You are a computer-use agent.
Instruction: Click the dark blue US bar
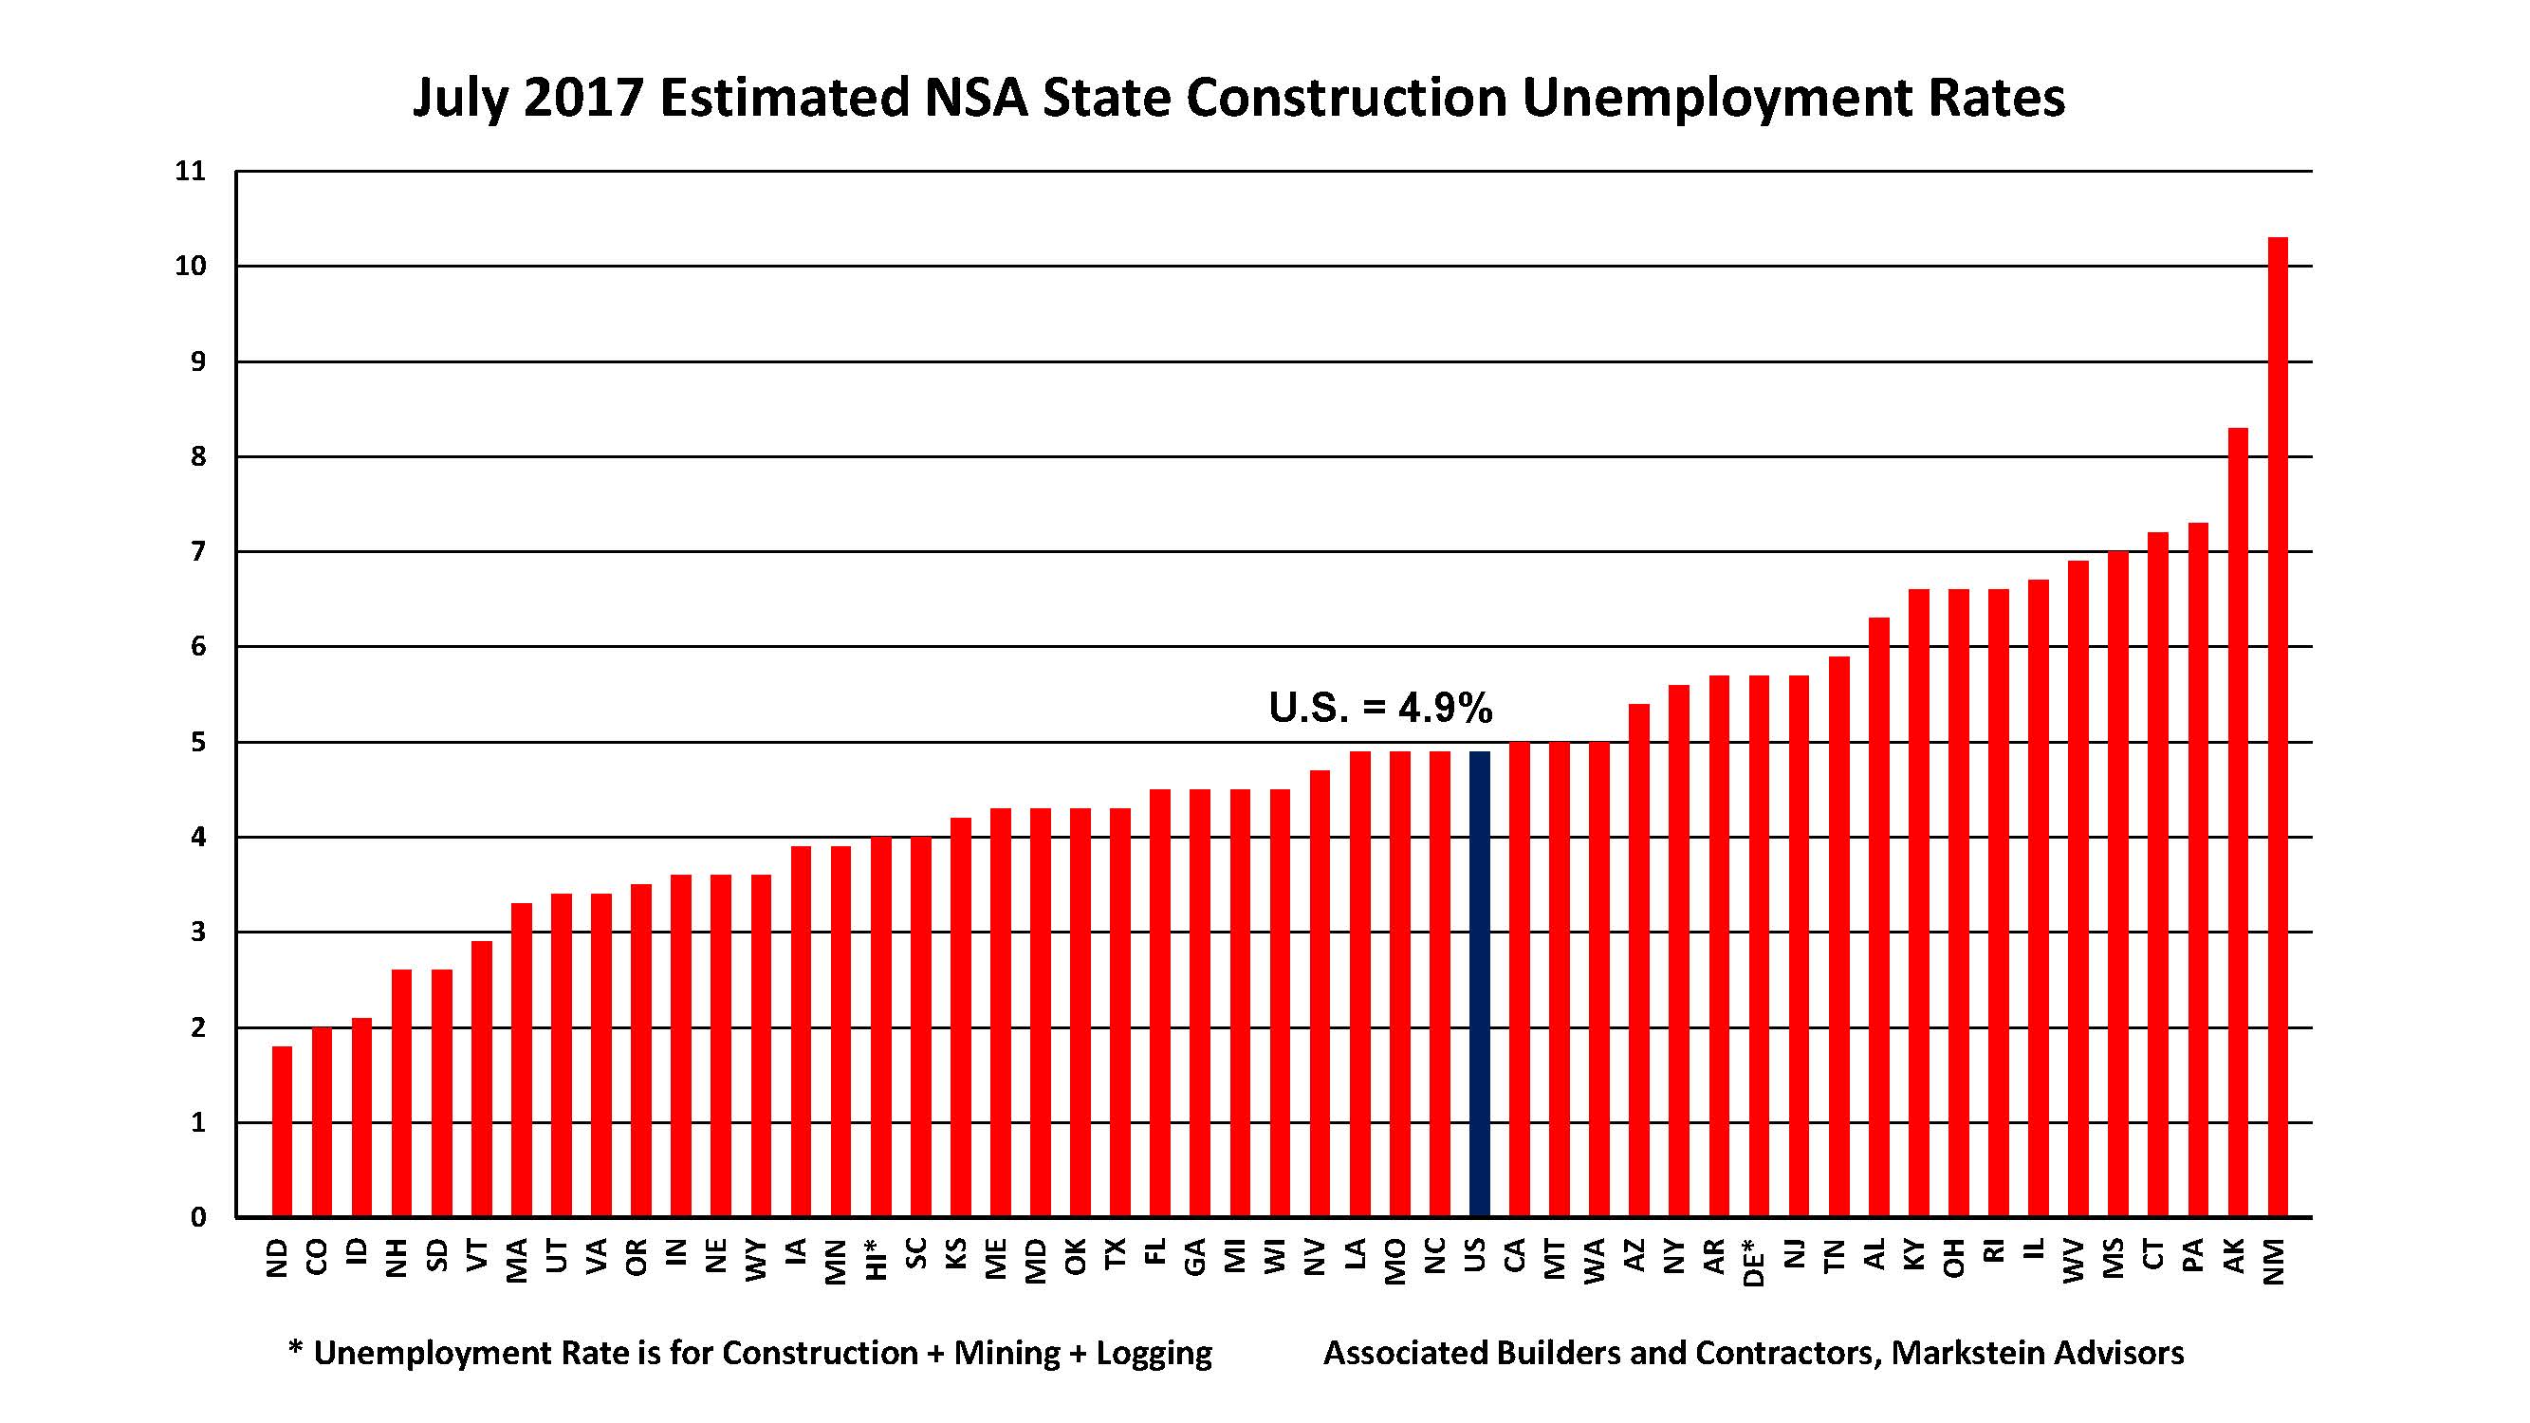(1479, 984)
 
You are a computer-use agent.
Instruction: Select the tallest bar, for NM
(2278, 727)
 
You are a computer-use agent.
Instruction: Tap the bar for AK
(2237, 822)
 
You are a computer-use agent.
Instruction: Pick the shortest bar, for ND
(282, 1132)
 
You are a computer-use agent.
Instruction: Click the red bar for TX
(1119, 1012)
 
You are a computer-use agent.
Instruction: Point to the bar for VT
(481, 1080)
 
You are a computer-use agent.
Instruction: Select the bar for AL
(1879, 917)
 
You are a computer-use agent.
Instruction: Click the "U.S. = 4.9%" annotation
(1380, 708)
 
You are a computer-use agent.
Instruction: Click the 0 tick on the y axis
(198, 1218)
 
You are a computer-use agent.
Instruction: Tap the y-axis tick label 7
(198, 552)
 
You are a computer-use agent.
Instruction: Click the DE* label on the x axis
(1756, 1261)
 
